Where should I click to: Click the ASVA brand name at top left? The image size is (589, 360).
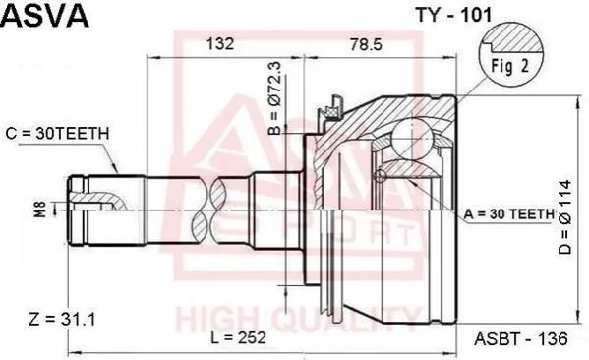pyautogui.click(x=45, y=15)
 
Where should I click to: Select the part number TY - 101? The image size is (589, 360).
pyautogui.click(x=453, y=15)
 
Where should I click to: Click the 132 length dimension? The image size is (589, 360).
pyautogui.click(x=220, y=44)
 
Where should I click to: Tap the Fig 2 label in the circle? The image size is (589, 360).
pyautogui.click(x=509, y=66)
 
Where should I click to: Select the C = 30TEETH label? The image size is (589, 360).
pyautogui.click(x=57, y=134)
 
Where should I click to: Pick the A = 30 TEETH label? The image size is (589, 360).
pyautogui.click(x=509, y=213)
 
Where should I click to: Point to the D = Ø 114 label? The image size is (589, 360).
pyautogui.click(x=565, y=217)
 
